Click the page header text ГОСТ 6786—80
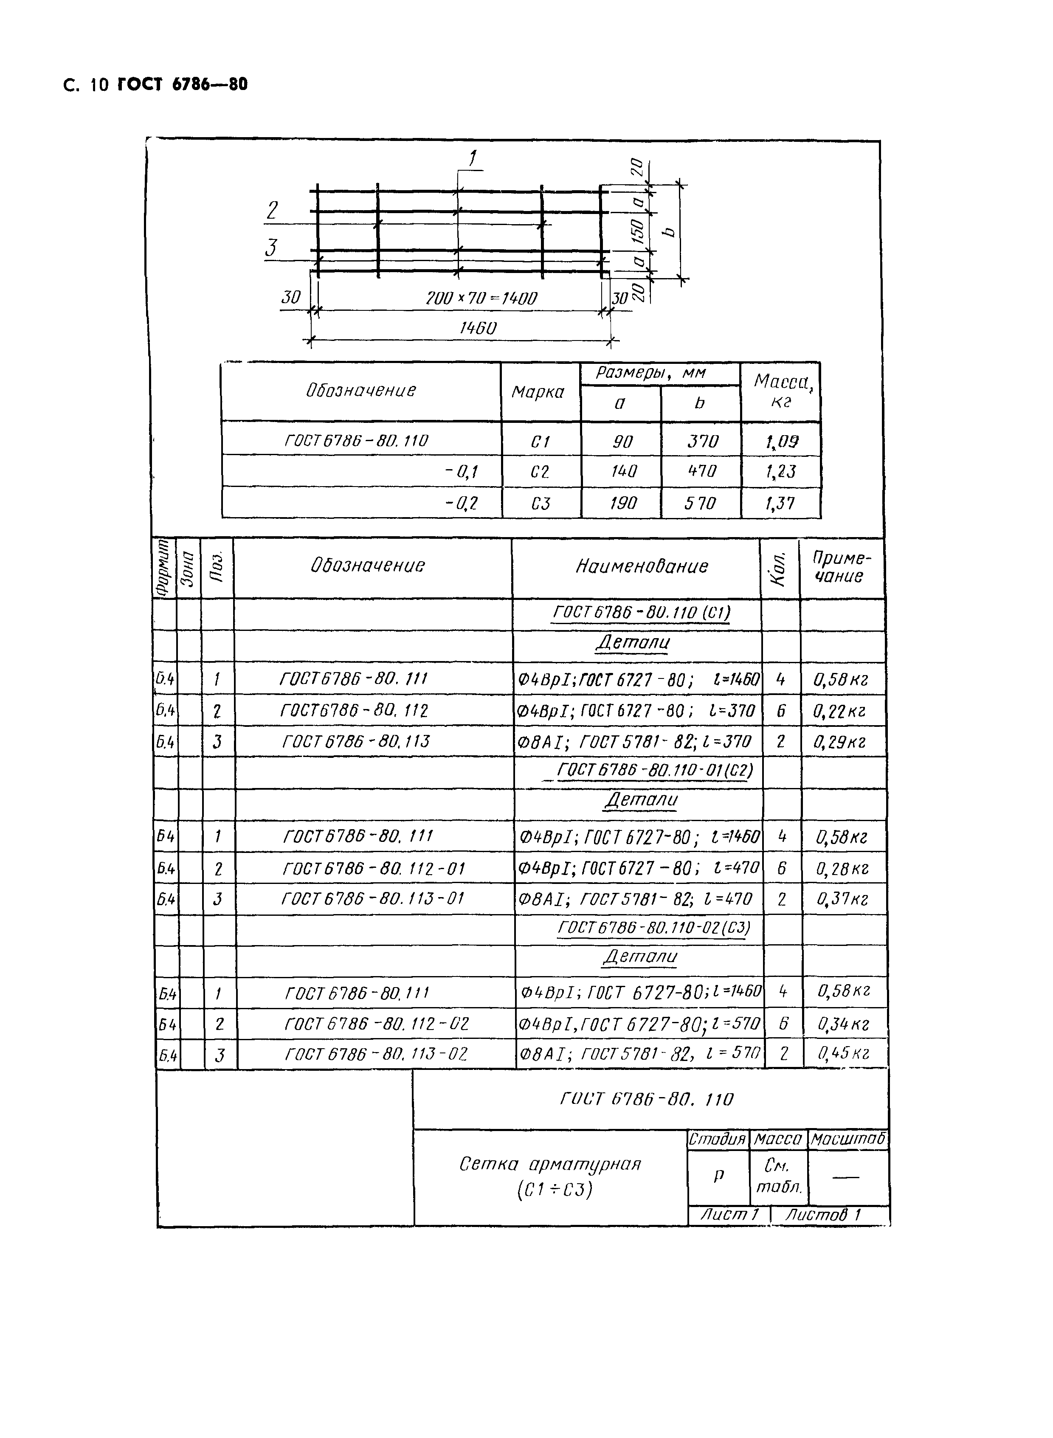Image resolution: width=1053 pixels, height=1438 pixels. [x=182, y=85]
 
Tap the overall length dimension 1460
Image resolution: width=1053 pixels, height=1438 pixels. [x=477, y=328]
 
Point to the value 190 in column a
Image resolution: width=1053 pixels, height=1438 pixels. [x=622, y=504]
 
